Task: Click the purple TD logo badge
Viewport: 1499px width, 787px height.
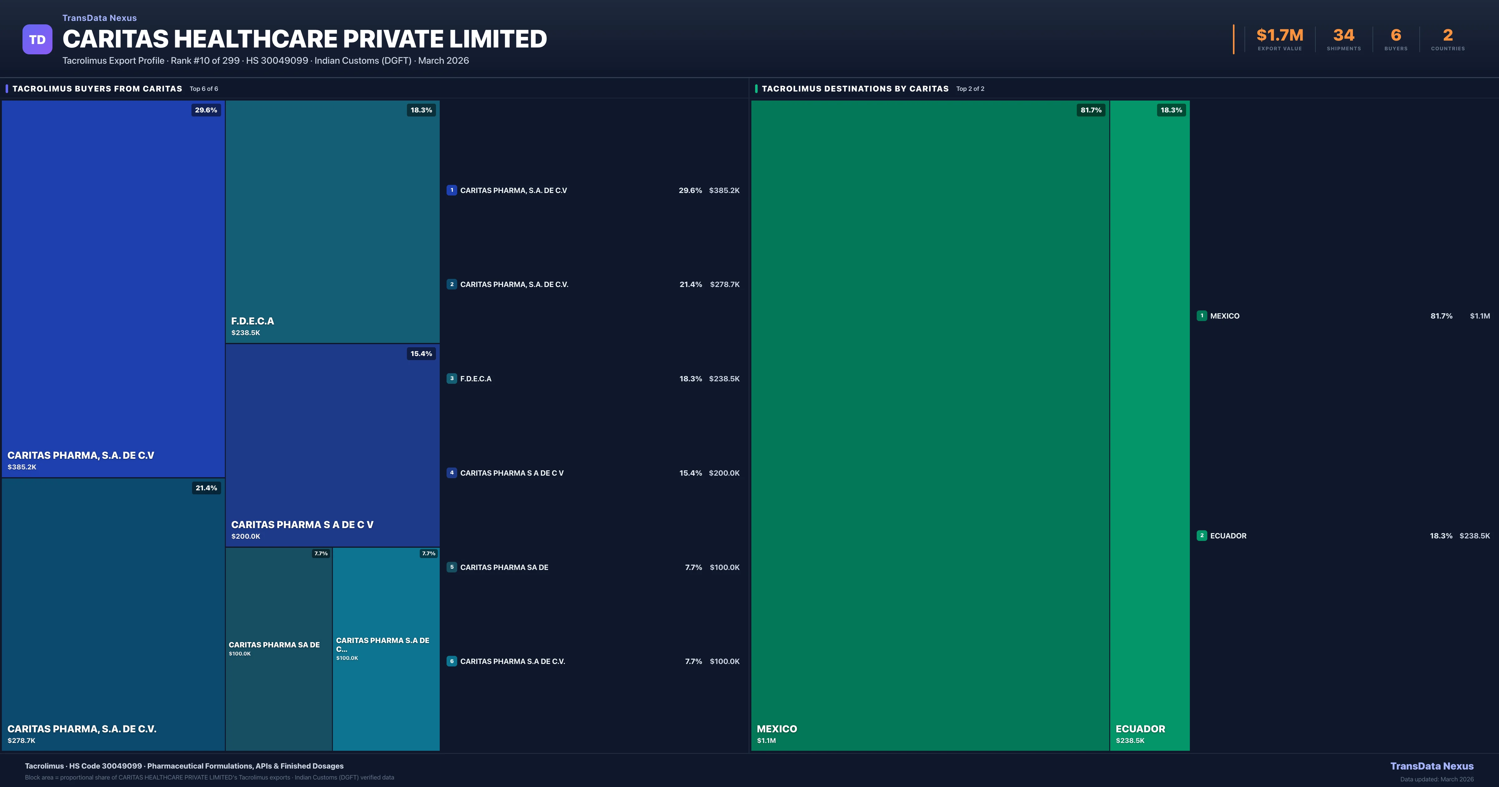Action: (37, 40)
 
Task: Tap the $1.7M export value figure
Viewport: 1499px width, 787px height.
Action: (1280, 36)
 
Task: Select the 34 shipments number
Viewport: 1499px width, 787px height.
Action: (1343, 36)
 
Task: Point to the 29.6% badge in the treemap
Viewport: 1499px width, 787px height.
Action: (206, 110)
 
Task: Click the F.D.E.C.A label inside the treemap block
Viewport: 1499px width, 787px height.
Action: (253, 321)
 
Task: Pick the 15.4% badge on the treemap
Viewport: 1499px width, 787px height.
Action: (421, 353)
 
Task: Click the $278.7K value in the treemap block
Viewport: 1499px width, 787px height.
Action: (22, 740)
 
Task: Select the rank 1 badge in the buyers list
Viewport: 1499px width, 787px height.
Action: (452, 190)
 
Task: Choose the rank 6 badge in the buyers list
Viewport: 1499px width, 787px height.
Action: (452, 661)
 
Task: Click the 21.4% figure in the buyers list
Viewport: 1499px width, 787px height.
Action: (691, 285)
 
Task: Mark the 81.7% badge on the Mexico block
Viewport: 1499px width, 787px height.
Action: (1091, 110)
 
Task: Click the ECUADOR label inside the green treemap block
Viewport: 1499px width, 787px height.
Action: (1140, 729)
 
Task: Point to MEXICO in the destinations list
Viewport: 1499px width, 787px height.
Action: (1225, 316)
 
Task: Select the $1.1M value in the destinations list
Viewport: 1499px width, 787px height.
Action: (1480, 316)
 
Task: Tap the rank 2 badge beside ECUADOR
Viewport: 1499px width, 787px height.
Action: (1202, 536)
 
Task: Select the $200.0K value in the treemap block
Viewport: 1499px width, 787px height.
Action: (245, 536)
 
